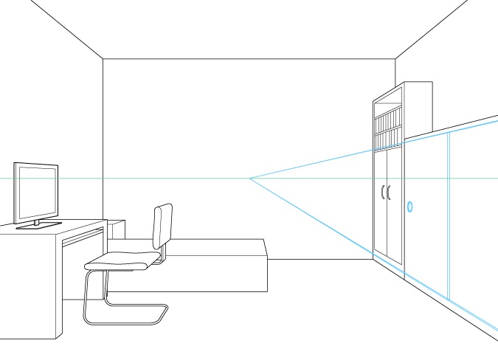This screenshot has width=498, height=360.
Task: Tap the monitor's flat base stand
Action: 38,225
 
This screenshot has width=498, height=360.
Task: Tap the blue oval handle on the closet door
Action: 410,207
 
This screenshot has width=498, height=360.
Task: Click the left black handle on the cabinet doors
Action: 382,193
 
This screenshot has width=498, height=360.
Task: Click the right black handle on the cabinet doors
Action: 389,193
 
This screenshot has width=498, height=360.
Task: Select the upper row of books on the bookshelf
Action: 388,118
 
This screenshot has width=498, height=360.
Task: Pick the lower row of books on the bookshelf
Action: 388,139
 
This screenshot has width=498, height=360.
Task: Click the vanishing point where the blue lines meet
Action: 250,179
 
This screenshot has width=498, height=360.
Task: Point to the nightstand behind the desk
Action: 117,229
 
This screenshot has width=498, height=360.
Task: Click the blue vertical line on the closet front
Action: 449,214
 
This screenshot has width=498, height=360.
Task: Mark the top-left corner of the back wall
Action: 103,58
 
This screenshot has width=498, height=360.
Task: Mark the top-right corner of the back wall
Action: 395,58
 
